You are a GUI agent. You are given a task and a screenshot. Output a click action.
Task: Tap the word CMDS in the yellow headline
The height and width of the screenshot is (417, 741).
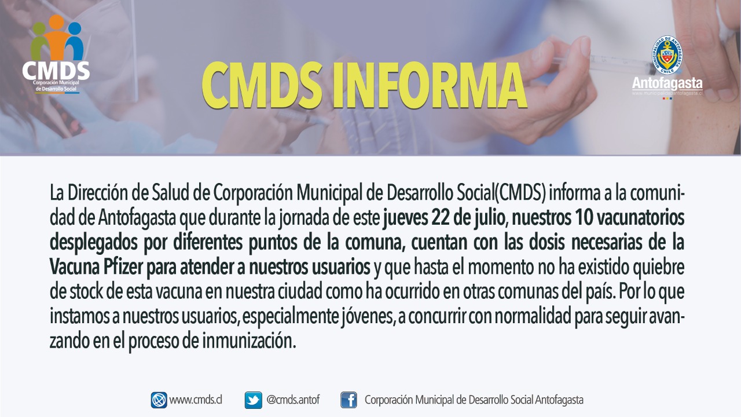tap(262, 85)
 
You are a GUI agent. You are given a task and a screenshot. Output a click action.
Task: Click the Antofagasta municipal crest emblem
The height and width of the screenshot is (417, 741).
tap(667, 55)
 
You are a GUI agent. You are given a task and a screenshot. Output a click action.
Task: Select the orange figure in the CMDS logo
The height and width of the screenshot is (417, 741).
tap(56, 36)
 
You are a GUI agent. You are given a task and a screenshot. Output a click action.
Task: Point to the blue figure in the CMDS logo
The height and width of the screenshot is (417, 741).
tap(75, 41)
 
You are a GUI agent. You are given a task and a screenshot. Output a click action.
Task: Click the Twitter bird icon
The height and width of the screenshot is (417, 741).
tap(253, 400)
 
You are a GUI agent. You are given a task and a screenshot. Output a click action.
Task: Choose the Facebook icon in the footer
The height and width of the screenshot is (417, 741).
tap(349, 400)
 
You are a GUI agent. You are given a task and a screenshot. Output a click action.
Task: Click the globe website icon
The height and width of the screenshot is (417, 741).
tap(159, 400)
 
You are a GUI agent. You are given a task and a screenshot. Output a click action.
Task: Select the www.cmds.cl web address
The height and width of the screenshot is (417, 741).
tap(196, 400)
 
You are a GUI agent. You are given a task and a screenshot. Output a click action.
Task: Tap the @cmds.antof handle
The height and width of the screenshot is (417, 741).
tap(293, 400)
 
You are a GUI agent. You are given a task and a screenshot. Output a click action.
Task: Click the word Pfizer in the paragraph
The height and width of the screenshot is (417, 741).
tap(123, 268)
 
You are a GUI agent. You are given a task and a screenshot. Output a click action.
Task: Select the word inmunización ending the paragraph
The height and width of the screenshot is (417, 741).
tap(249, 341)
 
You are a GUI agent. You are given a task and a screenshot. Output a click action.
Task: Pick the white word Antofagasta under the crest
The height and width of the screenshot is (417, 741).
tap(667, 84)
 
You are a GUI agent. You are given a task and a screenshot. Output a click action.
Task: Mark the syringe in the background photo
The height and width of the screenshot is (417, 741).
tap(602, 64)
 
